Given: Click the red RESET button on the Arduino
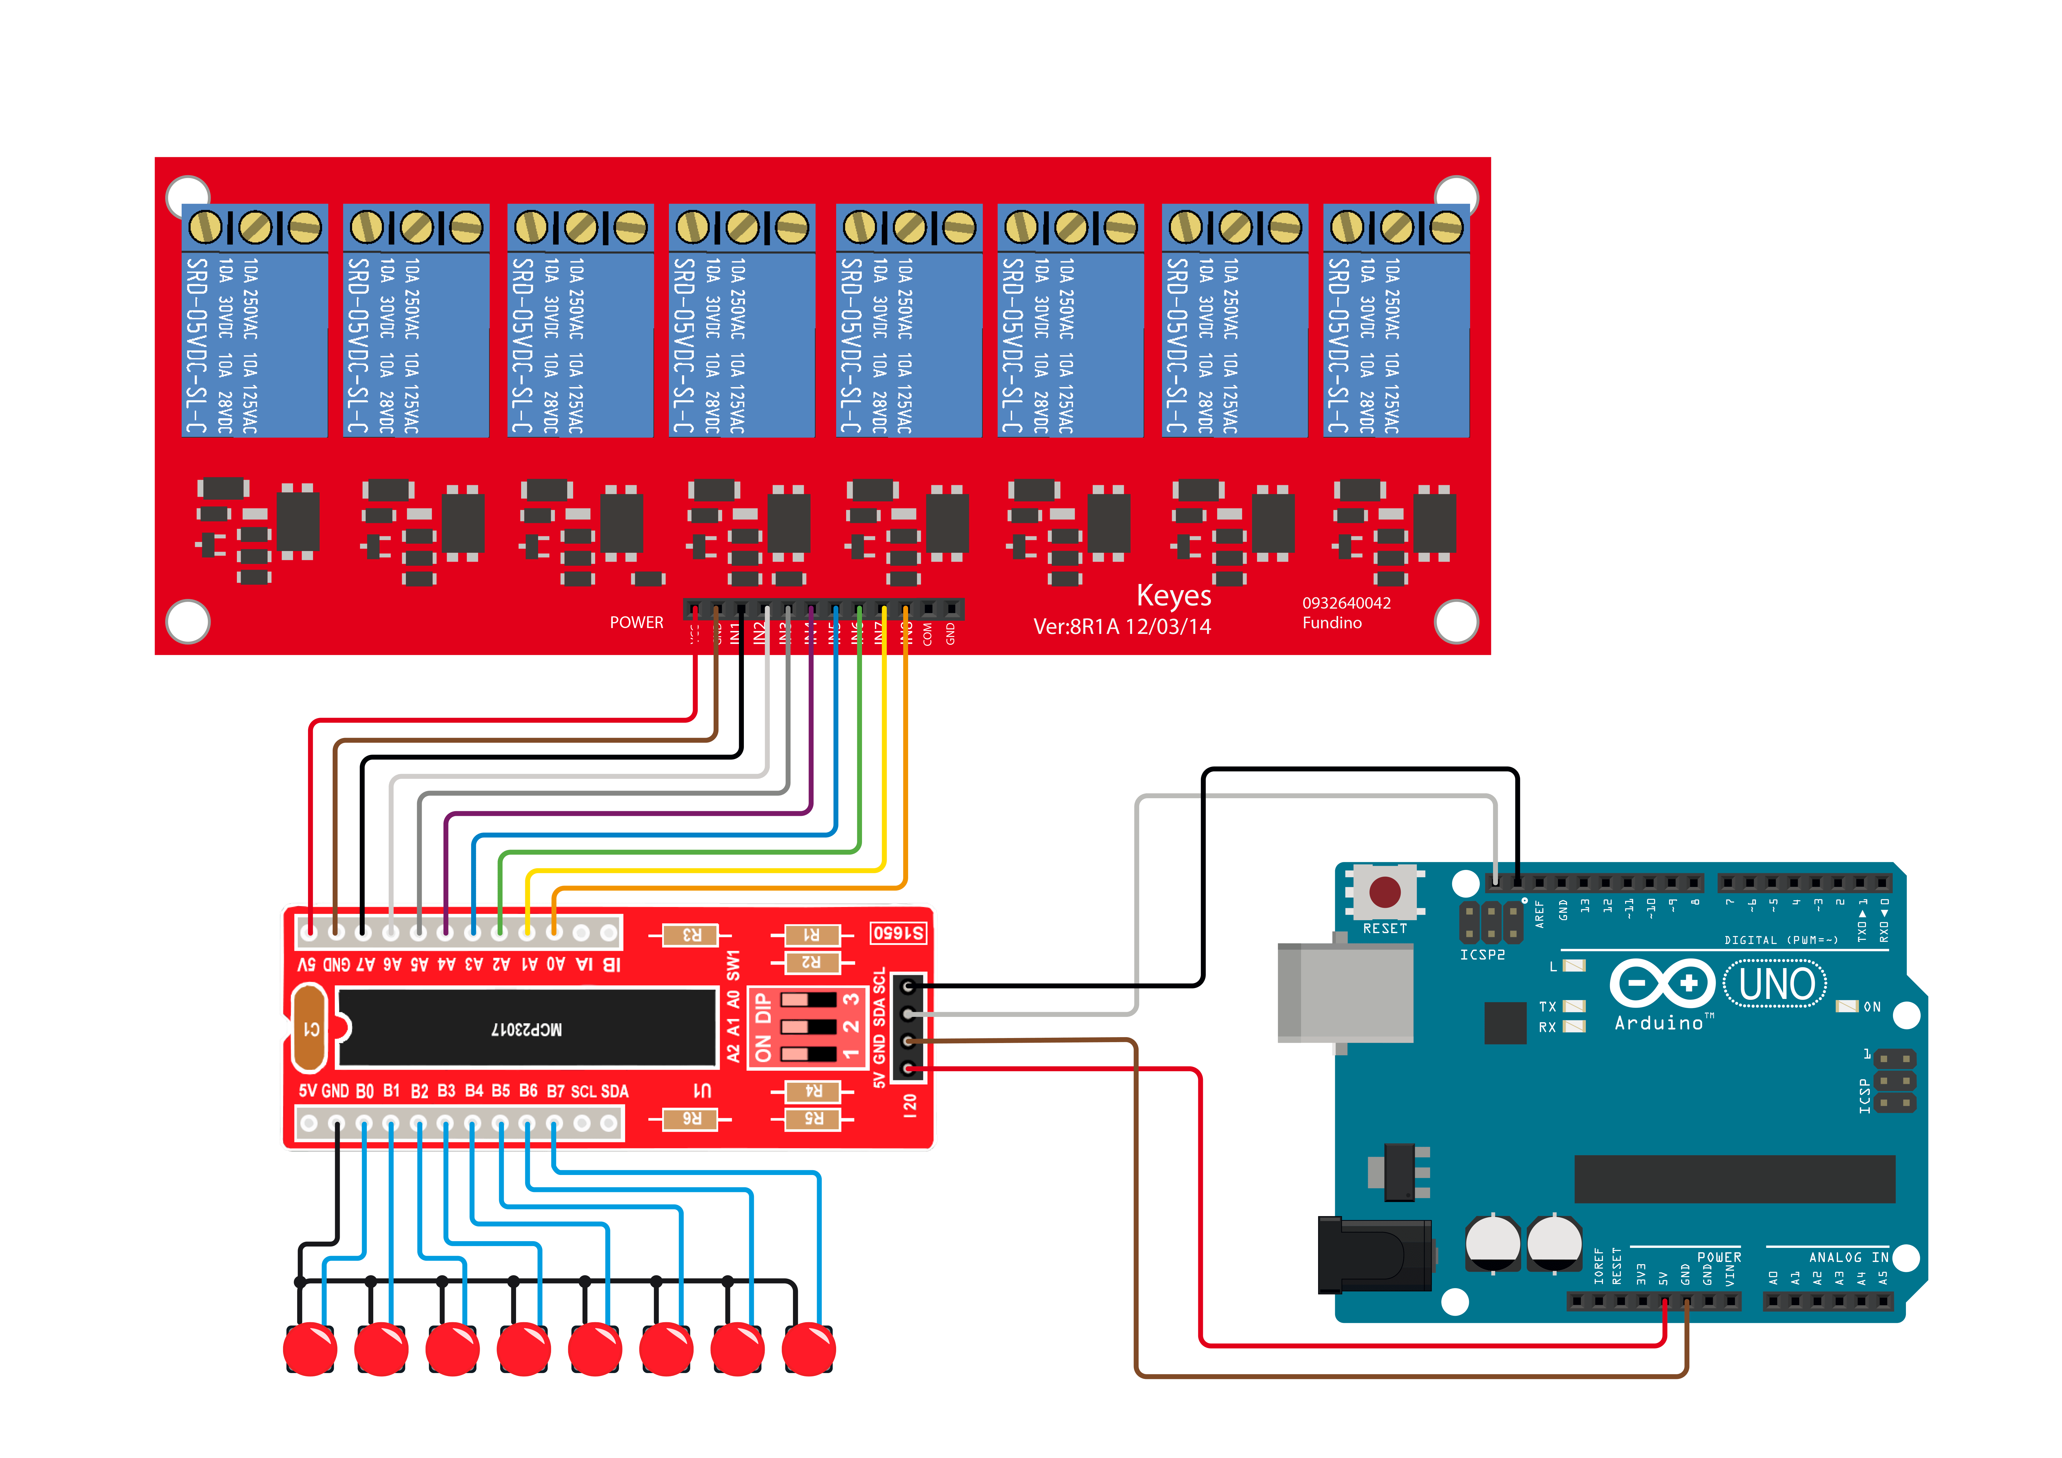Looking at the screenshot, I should coord(1384,892).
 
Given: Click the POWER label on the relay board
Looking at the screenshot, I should coord(636,622).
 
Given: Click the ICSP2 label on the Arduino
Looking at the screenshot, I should coord(1482,955).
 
